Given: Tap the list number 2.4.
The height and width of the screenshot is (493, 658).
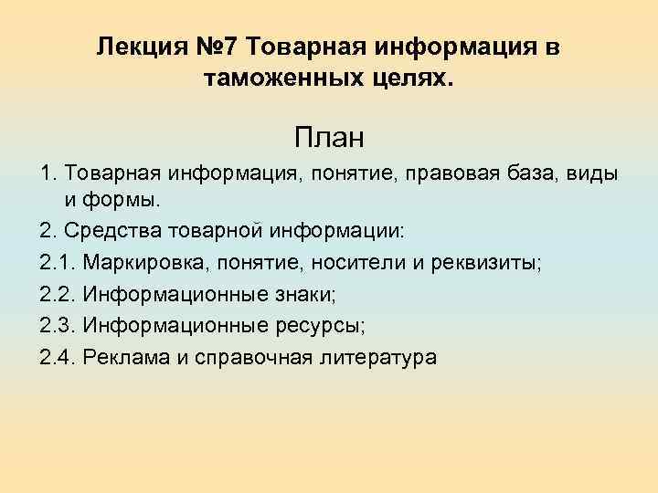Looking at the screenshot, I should click(x=57, y=356).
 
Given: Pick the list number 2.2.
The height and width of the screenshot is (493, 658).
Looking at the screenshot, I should click(x=57, y=294).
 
